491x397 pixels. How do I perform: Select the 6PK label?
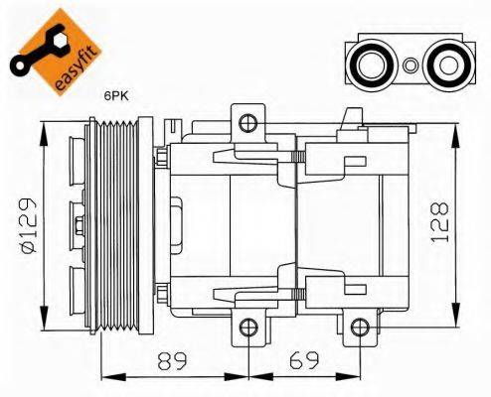[x=117, y=97]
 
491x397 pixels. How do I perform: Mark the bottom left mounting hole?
[x=249, y=329]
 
